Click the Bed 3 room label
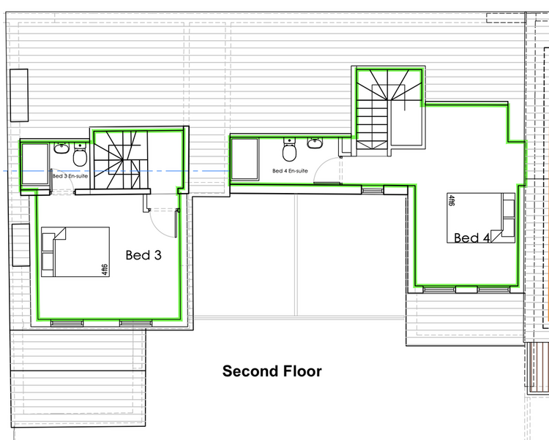pos(143,255)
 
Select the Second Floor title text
pos(272,371)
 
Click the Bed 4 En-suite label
pos(290,171)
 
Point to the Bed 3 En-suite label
pos(70,176)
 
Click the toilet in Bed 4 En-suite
pos(289,150)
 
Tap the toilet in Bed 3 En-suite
pos(81,154)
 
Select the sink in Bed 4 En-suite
pos(315,143)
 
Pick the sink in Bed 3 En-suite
pos(61,148)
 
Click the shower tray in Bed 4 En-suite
pos(244,159)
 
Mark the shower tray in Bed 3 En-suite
pos(35,164)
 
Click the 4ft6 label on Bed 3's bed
pos(105,270)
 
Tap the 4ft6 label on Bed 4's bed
pos(451,200)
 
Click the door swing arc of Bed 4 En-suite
pos(320,166)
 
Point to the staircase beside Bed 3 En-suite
pos(121,160)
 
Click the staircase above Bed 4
pos(389,109)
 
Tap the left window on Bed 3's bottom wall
pos(67,323)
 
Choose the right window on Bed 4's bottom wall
pos(493,289)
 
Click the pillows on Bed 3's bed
pos(48,252)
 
